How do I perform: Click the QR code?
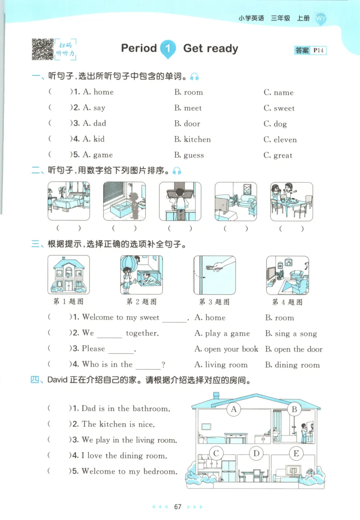pyautogui.click(x=42, y=49)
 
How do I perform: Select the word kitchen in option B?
pyautogui.click(x=197, y=140)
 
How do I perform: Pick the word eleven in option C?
pyautogui.click(x=285, y=140)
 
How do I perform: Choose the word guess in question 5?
pyautogui.click(x=194, y=155)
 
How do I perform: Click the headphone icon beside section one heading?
pyautogui.click(x=194, y=77)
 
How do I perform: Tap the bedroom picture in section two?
pyautogui.click(x=69, y=201)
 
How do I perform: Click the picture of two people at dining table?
pyautogui.click(x=291, y=201)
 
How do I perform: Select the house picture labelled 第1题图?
pyautogui.click(x=68, y=275)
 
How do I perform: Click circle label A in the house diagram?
pyautogui.click(x=234, y=409)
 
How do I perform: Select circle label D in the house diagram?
pyautogui.click(x=256, y=453)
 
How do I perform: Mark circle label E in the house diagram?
pyautogui.click(x=296, y=453)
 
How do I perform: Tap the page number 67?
pyautogui.click(x=178, y=507)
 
